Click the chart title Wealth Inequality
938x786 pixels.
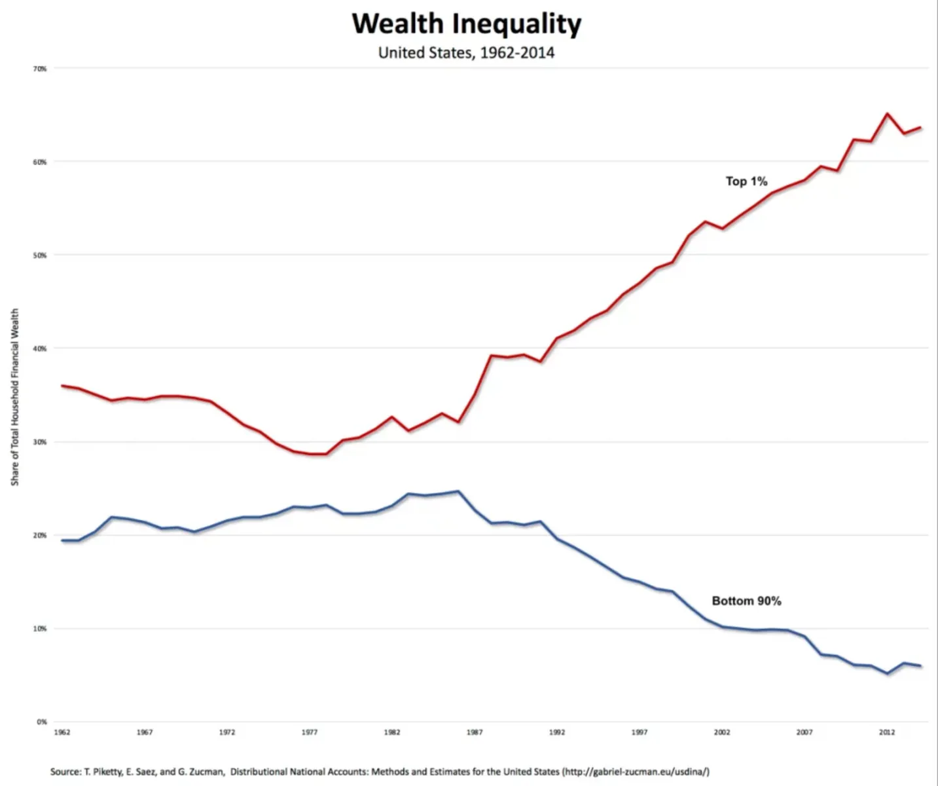point(466,24)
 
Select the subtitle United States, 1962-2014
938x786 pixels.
point(466,52)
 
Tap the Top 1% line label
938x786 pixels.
point(746,181)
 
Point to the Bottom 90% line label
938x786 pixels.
point(746,601)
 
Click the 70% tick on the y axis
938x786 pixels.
point(41,69)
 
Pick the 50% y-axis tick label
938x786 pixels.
point(41,255)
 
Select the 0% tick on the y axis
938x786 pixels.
point(42,722)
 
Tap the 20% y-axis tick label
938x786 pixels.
point(41,535)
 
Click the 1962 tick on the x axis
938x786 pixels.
point(62,732)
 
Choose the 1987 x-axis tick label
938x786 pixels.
point(475,732)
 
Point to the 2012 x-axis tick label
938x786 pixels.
point(887,732)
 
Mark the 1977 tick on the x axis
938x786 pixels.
point(310,732)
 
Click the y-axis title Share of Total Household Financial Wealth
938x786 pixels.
point(15,397)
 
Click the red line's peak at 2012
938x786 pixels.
point(887,114)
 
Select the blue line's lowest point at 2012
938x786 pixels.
point(887,673)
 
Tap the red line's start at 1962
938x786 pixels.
point(62,386)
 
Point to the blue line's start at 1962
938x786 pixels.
point(62,540)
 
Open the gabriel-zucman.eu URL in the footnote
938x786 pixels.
point(635,772)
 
